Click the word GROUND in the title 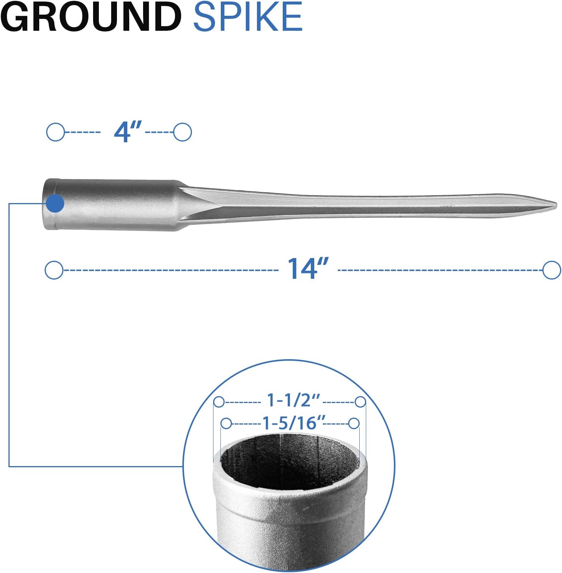pyautogui.click(x=91, y=17)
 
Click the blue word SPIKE pyautogui.click(x=248, y=17)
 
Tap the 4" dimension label pyautogui.click(x=128, y=132)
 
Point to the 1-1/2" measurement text pyautogui.click(x=293, y=401)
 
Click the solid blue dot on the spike pyautogui.click(x=55, y=203)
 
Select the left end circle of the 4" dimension pyautogui.click(x=55, y=132)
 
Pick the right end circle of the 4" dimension pyautogui.click(x=182, y=132)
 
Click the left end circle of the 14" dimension pyautogui.click(x=54, y=270)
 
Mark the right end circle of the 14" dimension pyautogui.click(x=552, y=270)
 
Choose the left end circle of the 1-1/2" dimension pyautogui.click(x=219, y=402)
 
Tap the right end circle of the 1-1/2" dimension pyautogui.click(x=360, y=402)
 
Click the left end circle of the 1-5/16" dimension pyautogui.click(x=226, y=424)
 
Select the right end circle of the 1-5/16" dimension pyautogui.click(x=354, y=424)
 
